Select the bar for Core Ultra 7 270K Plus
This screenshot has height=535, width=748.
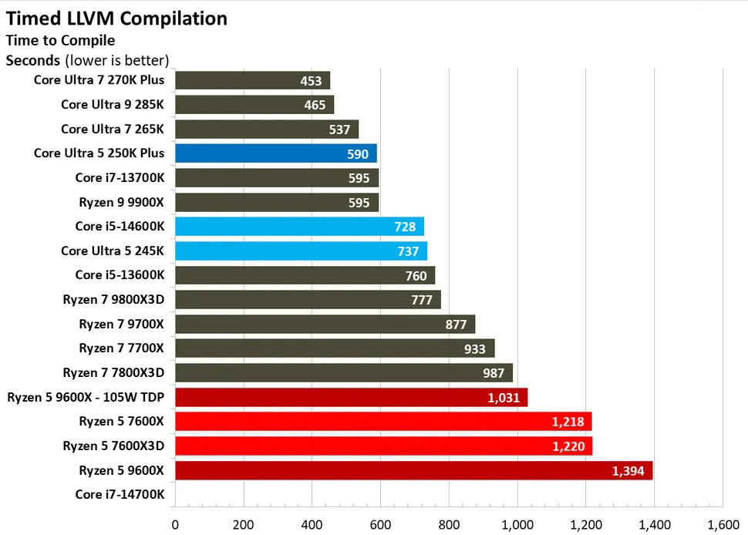pos(252,81)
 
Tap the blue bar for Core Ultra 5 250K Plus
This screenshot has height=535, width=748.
pos(275,153)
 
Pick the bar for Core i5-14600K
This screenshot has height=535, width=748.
pos(299,226)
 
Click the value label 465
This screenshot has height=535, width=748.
pos(315,105)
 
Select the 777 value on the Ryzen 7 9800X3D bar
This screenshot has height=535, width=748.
pos(422,300)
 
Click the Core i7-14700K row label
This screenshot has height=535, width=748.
pos(120,494)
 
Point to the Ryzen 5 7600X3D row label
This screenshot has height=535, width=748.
pos(113,446)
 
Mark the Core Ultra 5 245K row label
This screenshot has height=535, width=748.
pos(113,251)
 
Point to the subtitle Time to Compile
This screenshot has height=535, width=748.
pos(60,40)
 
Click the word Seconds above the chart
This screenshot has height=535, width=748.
pos(33,60)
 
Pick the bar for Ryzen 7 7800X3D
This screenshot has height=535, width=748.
pos(344,373)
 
